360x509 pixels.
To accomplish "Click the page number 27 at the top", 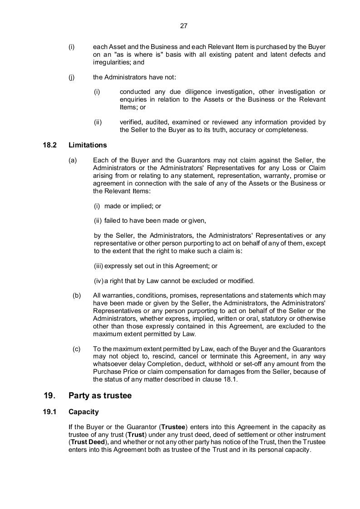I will pyautogui.click(x=184, y=26).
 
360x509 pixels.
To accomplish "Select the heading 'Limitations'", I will pyautogui.click(x=88, y=145).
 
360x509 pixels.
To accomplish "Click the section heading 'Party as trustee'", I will pyautogui.click(x=100, y=396).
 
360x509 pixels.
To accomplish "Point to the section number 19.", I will pyautogui.click(x=49, y=396).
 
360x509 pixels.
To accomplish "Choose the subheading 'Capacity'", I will pyautogui.click(x=84, y=412).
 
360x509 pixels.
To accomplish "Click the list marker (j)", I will pyautogui.click(x=72, y=77).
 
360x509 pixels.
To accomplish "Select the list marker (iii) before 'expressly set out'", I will pyautogui.click(x=99, y=266).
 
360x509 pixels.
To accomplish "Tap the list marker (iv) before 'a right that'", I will pyautogui.click(x=99, y=280).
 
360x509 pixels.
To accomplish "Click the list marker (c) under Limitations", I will pyautogui.click(x=77, y=349).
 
